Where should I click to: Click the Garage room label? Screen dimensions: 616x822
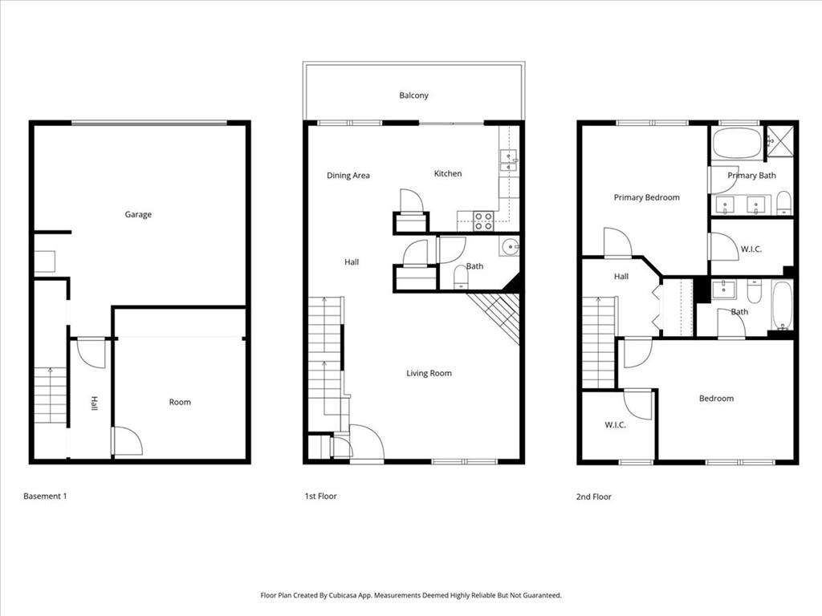[138, 215]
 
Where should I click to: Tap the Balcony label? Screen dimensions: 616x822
[413, 95]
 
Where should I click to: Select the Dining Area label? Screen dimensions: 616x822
[348, 176]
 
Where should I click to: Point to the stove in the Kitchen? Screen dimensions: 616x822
[483, 221]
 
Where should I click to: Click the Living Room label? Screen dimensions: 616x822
[429, 373]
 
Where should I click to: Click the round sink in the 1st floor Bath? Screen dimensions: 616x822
[508, 246]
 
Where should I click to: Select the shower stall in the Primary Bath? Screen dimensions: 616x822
[777, 141]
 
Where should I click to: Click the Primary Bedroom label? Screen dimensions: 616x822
[646, 197]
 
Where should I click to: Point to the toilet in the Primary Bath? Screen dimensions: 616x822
[783, 204]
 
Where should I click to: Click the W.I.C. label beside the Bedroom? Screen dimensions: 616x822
[615, 425]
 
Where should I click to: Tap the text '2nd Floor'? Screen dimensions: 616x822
[593, 497]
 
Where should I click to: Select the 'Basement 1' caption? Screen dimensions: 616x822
[45, 496]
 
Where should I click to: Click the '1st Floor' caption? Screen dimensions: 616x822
[320, 496]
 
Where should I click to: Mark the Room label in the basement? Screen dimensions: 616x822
[180, 402]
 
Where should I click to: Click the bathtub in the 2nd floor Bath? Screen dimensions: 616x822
[782, 306]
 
